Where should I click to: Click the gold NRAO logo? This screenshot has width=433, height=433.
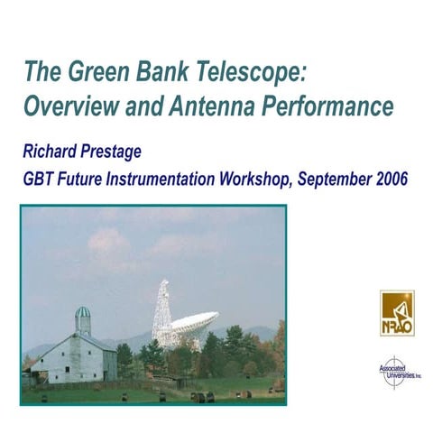coord(397,312)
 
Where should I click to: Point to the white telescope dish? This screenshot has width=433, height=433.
coord(194,326)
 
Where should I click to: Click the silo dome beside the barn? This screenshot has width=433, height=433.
coord(82,315)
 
